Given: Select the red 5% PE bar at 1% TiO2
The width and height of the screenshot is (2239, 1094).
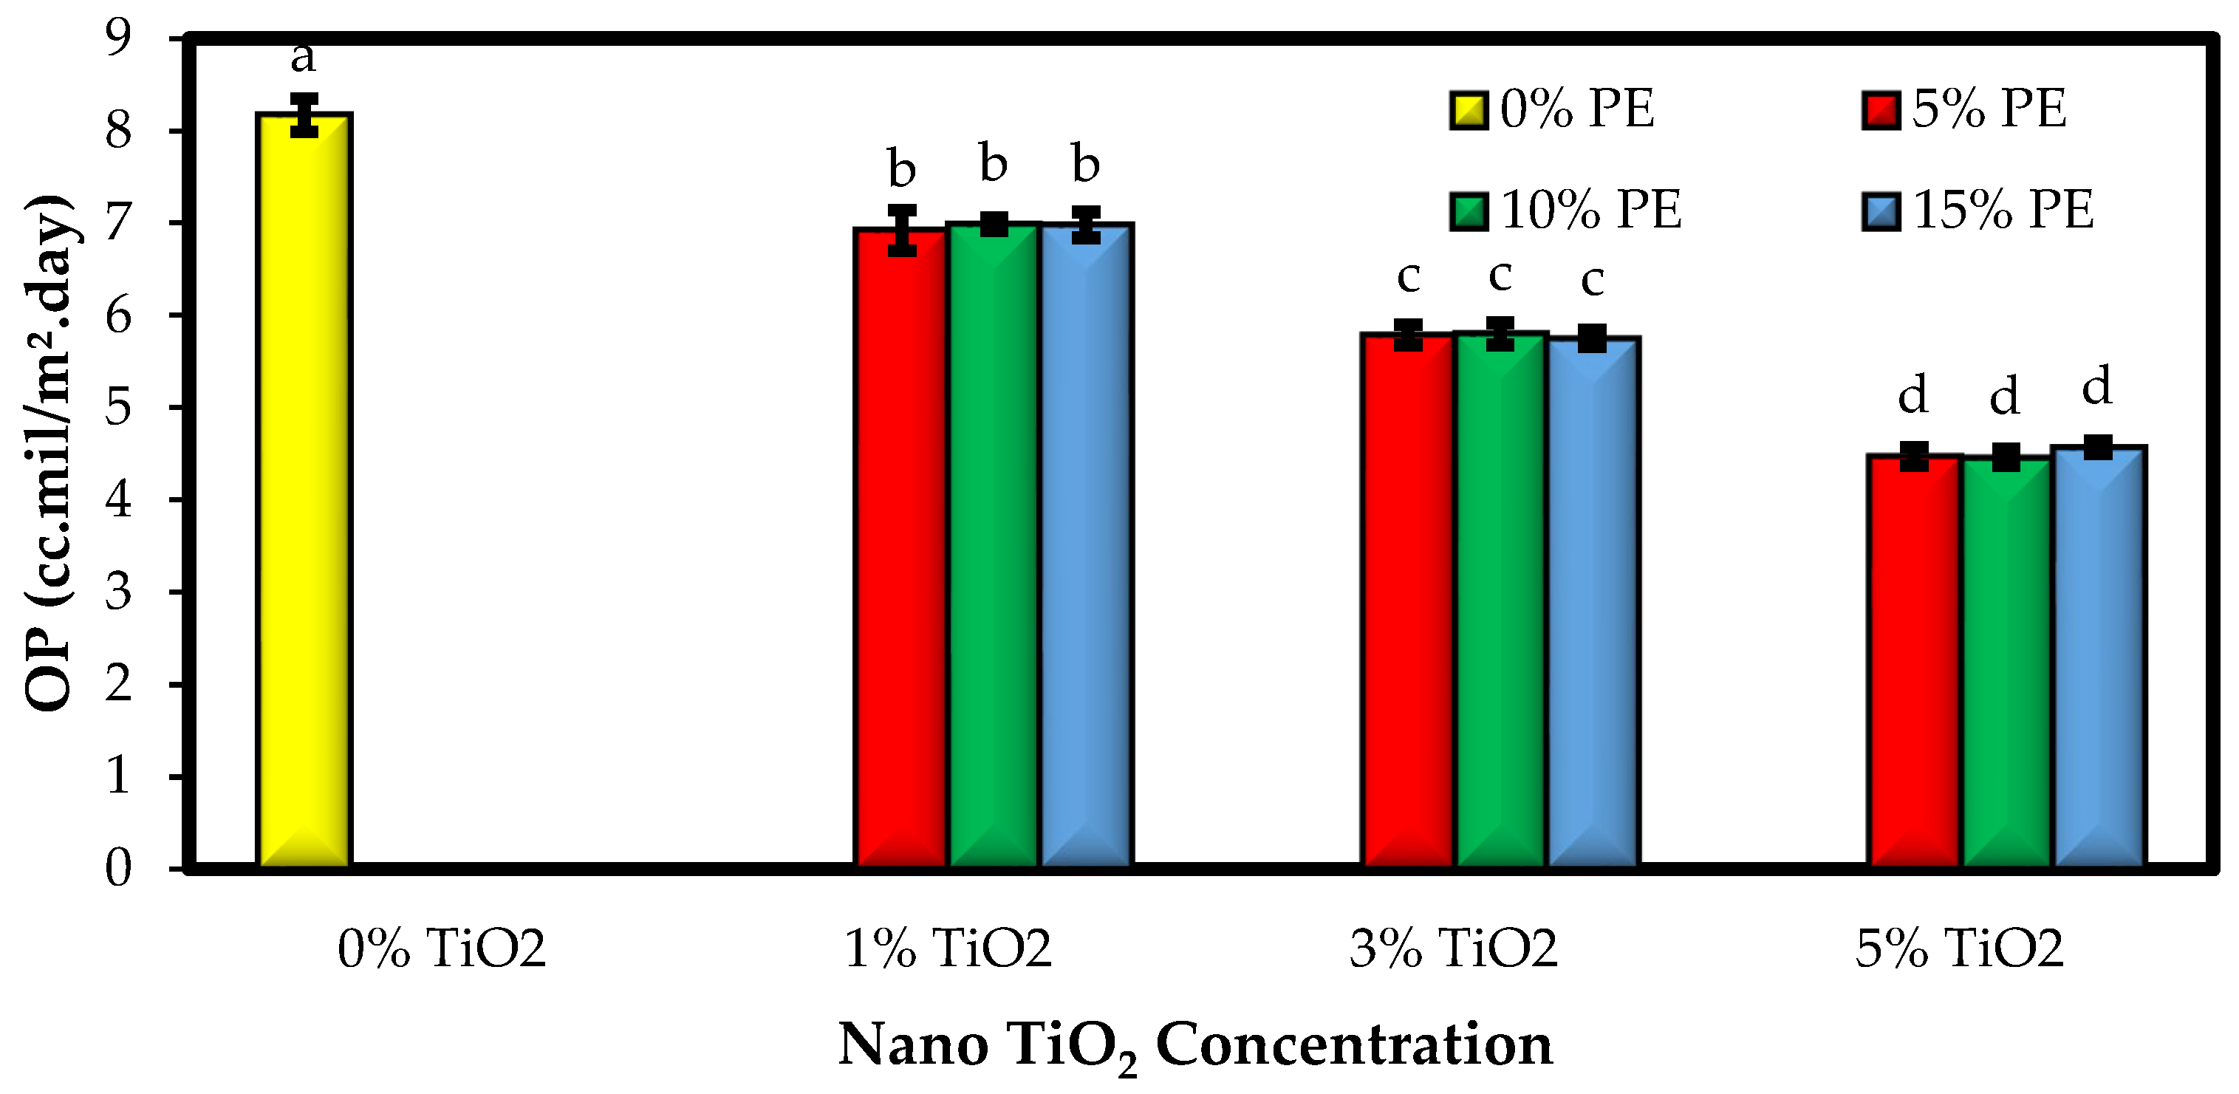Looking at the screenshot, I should [x=901, y=547].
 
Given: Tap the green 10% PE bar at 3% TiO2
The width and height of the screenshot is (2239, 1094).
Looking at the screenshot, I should [x=1500, y=600].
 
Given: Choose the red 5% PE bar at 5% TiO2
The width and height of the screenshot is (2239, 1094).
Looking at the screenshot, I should [x=1914, y=660].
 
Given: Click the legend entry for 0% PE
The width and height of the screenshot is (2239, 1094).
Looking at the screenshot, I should [x=1552, y=110].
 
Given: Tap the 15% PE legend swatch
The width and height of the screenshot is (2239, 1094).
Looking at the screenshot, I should [x=1880, y=211].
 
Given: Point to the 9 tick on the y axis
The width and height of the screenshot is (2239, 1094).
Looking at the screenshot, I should [x=118, y=38].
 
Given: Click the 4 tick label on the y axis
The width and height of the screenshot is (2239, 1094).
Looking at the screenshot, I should [x=118, y=499].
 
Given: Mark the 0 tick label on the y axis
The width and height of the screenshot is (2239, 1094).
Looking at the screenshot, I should [x=118, y=868].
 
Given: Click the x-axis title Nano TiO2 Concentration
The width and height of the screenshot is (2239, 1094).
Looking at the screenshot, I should [x=1194, y=1045].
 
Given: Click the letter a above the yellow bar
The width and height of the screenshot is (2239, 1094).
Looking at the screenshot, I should [x=302, y=58].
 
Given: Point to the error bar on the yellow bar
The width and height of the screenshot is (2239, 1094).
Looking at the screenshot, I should [x=304, y=114].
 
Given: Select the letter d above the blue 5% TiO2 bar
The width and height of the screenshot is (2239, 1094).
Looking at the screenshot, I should [x=2096, y=385].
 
